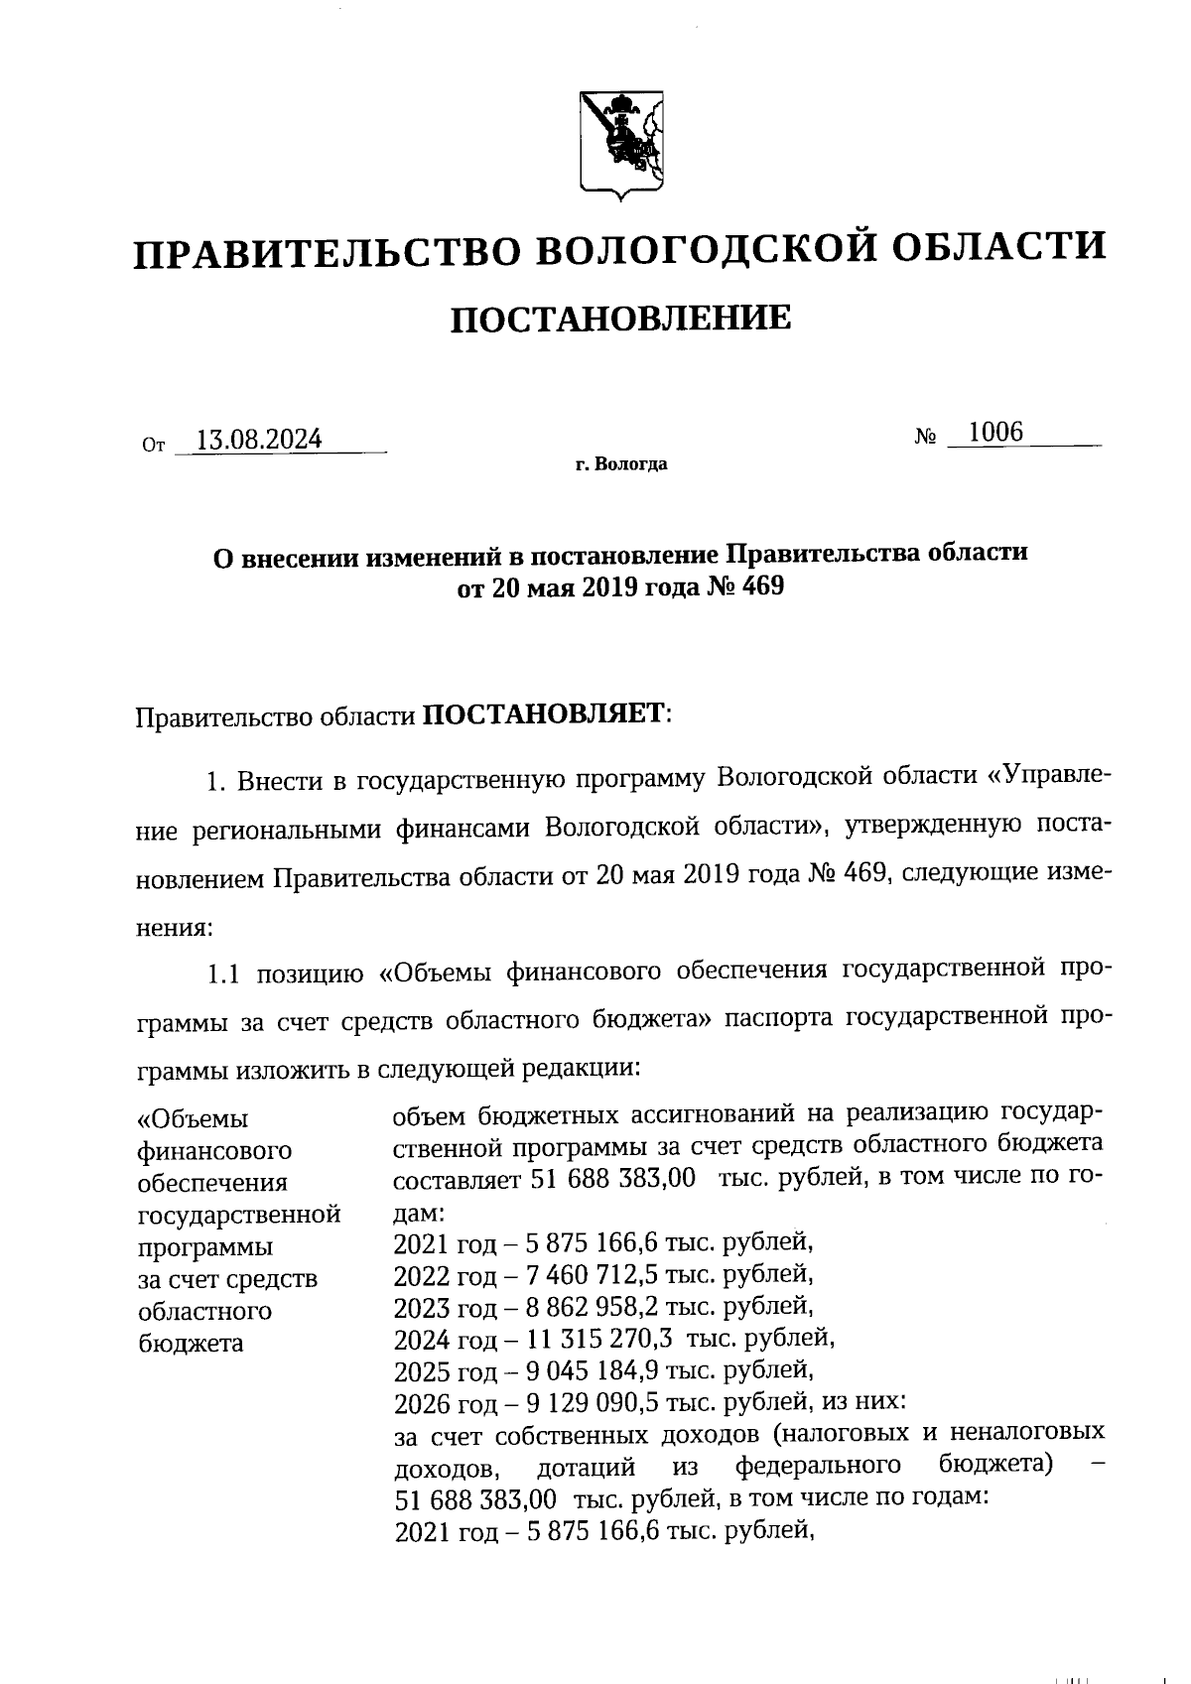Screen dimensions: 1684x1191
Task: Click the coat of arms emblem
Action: click(x=620, y=142)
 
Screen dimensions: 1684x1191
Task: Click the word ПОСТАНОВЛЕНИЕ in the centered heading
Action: click(x=621, y=319)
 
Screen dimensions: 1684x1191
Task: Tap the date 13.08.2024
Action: click(x=259, y=440)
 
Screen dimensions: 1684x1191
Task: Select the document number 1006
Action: click(x=995, y=432)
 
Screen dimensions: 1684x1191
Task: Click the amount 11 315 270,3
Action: click(x=594, y=1338)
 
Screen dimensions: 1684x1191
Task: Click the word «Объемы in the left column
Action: click(x=193, y=1119)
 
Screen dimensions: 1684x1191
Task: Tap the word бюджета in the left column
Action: click(x=191, y=1344)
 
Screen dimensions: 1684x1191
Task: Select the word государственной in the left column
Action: click(x=239, y=1215)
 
